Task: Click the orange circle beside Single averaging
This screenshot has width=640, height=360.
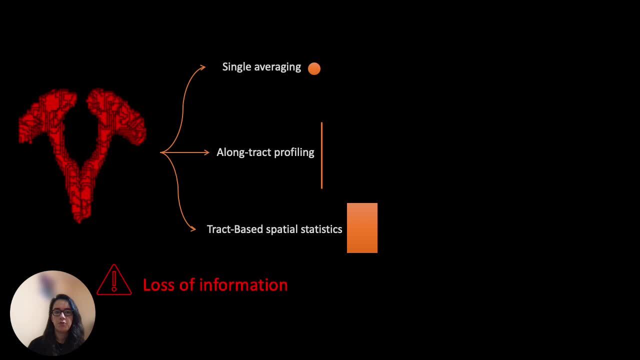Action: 314,69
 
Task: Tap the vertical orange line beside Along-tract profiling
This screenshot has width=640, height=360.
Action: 321,155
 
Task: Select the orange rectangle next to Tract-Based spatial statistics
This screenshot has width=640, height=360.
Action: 362,228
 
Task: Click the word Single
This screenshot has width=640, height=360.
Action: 237,67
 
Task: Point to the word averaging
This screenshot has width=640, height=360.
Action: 277,67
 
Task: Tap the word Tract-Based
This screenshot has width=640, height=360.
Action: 235,229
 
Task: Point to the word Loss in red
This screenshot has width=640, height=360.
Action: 159,285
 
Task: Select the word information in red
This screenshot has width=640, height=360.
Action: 243,285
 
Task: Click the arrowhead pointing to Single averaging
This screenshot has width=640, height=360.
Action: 203,67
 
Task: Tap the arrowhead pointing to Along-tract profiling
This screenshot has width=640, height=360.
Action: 206,152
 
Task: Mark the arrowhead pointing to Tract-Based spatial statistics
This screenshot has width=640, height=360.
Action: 193,228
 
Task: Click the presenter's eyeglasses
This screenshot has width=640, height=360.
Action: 62,312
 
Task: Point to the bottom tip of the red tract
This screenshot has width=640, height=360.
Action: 79,222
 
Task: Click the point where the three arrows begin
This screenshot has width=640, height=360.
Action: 160,152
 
